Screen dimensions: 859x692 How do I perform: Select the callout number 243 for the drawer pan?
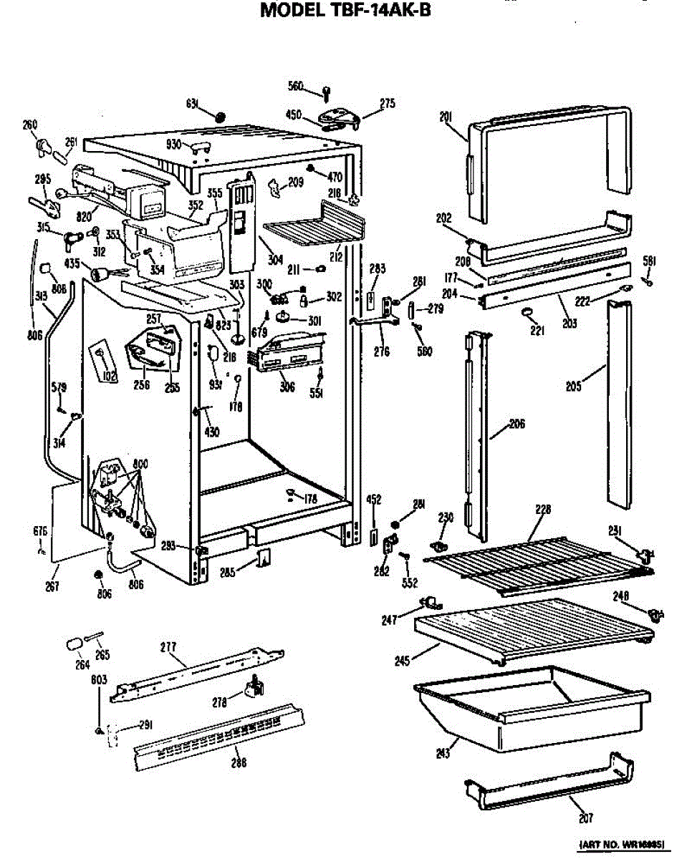pos(443,752)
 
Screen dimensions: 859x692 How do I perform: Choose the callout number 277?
pos(169,647)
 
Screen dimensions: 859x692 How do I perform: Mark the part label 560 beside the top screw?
pos(296,87)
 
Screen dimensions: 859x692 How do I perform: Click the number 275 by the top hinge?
pos(387,104)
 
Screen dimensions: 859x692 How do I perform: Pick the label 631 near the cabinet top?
pos(192,103)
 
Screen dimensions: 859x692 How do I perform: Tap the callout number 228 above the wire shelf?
pos(543,510)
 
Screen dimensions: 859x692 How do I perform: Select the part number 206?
pos(517,424)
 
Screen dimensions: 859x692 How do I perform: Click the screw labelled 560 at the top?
pos(327,92)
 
